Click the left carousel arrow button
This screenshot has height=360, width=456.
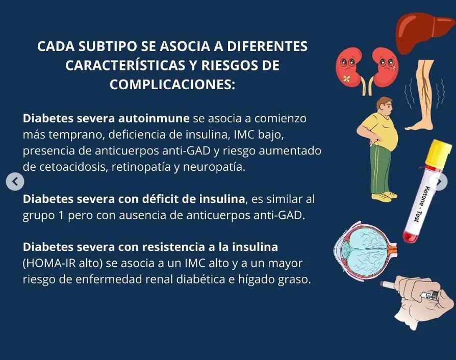click(15, 181)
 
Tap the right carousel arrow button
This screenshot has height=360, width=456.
click(439, 181)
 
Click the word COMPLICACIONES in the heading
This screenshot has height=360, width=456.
click(172, 84)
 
